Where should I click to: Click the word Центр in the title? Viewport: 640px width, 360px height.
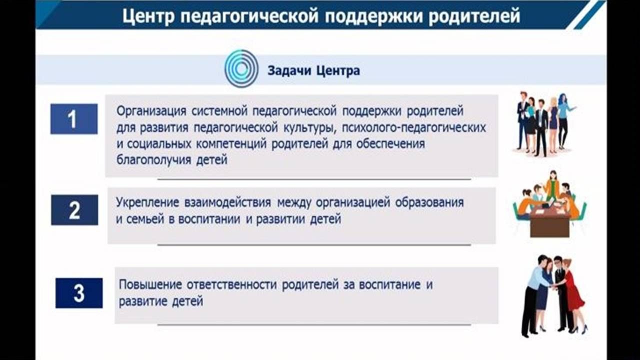pyautogui.click(x=148, y=16)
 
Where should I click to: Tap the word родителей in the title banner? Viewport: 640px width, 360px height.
pyautogui.click(x=474, y=16)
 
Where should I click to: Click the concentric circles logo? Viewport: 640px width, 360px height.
pyautogui.click(x=241, y=69)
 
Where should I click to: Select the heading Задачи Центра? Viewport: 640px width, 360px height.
pyautogui.click(x=313, y=71)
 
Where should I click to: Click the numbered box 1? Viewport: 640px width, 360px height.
pyautogui.click(x=74, y=119)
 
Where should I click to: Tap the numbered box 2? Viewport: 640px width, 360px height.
pyautogui.click(x=74, y=210)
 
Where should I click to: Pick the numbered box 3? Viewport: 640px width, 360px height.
pyautogui.click(x=79, y=293)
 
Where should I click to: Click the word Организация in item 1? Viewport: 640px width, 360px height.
pyautogui.click(x=151, y=111)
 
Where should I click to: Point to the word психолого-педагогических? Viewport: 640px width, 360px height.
pyautogui.click(x=414, y=127)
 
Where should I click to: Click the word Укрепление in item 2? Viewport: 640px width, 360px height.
pyautogui.click(x=147, y=202)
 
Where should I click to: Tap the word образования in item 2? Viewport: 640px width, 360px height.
pyautogui.click(x=429, y=202)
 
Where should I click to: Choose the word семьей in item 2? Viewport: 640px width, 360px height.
pyautogui.click(x=145, y=219)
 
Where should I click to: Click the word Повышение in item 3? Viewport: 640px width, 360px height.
pyautogui.click(x=150, y=285)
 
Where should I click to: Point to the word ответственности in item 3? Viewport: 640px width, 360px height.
pyautogui.click(x=231, y=285)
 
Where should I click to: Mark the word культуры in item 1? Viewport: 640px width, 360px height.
pyautogui.click(x=309, y=127)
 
